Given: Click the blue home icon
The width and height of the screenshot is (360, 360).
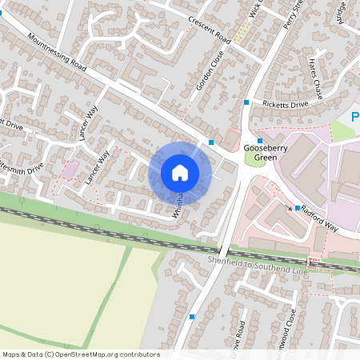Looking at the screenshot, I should click(180, 173).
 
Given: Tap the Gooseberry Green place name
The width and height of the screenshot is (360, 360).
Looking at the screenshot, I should click(260, 153).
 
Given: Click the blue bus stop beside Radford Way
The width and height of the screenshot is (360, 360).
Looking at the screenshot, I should click(297, 209).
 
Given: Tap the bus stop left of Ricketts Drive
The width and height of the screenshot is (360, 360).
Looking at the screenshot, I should click(246, 102).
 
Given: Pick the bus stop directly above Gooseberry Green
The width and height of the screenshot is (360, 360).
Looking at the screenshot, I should click(260, 140).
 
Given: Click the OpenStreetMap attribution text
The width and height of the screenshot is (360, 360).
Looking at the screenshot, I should click(81, 354).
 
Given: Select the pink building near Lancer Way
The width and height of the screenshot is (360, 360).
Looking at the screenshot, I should click(71, 170).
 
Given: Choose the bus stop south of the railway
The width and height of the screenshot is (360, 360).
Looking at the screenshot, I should click(192, 317).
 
